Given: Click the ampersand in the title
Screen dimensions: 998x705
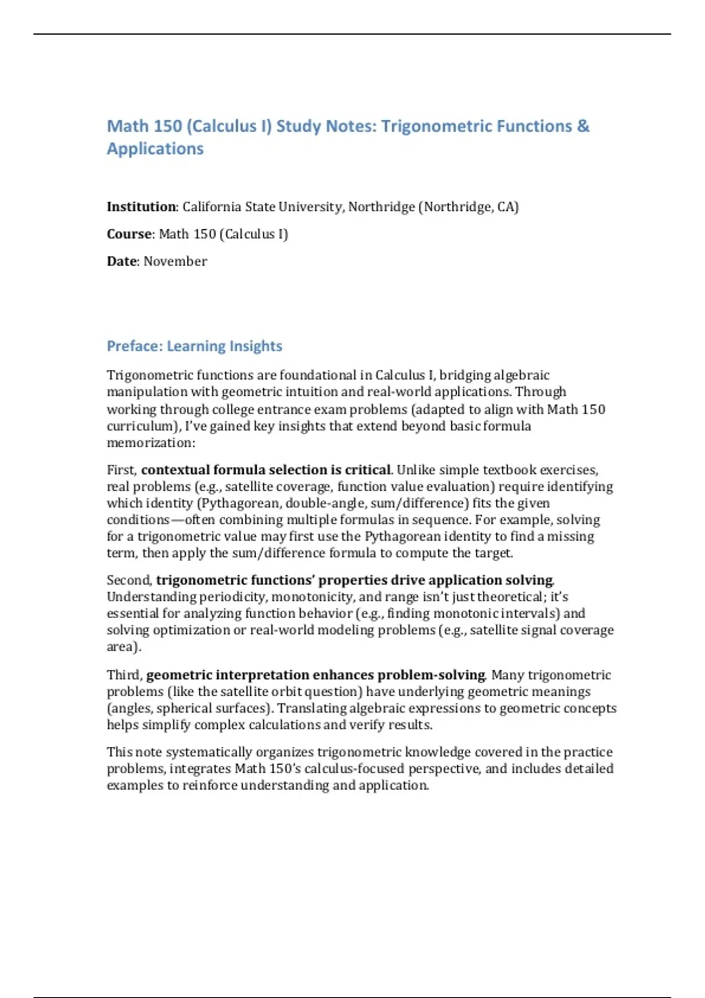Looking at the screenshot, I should tap(583, 126).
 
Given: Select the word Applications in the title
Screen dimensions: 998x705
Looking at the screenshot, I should tap(155, 149).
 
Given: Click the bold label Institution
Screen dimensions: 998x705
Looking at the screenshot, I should tap(141, 207).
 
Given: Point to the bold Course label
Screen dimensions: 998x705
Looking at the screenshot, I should tap(129, 234).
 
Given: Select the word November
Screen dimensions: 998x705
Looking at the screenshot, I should tap(175, 261).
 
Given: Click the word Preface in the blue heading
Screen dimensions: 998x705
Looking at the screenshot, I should tap(135, 346).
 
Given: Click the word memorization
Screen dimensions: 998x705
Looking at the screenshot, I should tap(150, 443).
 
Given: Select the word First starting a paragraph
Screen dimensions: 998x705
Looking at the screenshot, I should tap(121, 470).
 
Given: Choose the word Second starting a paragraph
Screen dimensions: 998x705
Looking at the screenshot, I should tap(129, 580).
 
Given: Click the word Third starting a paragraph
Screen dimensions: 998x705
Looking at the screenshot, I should tap(124, 675).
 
